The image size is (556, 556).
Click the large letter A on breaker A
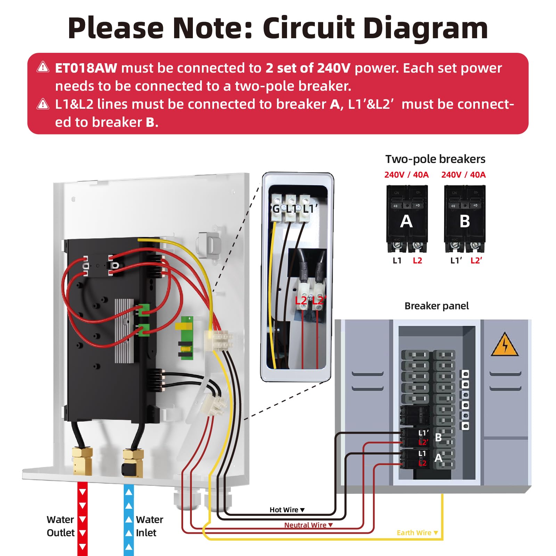[406, 221]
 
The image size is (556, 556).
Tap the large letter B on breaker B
[465, 221]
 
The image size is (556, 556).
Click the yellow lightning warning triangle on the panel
[505, 345]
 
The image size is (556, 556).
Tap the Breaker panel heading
[436, 306]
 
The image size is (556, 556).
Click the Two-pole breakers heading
[435, 159]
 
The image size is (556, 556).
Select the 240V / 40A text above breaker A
[406, 175]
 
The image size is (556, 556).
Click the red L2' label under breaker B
[476, 261]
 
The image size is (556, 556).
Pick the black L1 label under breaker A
[397, 261]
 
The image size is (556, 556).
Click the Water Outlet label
[60, 526]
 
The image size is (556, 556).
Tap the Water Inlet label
[149, 526]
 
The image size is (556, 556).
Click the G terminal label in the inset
[276, 209]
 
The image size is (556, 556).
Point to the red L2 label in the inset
[301, 301]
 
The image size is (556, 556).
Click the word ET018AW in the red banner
[86, 68]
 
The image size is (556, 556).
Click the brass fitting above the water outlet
[82, 461]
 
